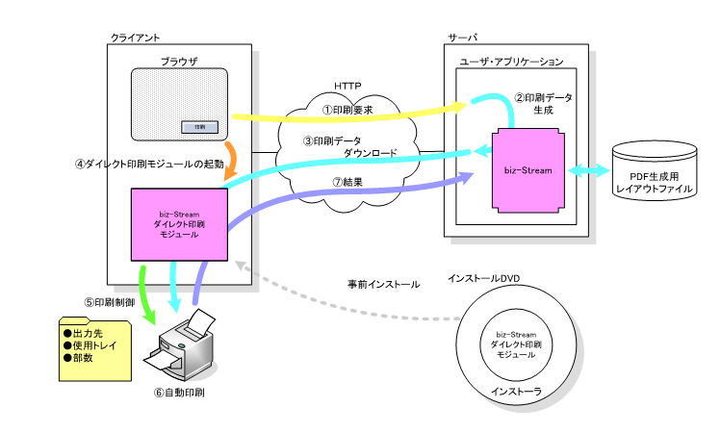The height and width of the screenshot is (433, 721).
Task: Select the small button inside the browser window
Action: (199, 127)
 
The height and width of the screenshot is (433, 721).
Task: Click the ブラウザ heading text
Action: (179, 61)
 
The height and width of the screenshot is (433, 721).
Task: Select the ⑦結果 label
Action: (345, 182)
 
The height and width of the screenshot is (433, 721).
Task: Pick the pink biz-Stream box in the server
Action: (528, 170)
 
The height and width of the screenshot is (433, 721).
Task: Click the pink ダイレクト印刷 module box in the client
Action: (179, 224)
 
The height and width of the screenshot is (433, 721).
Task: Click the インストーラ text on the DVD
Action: (516, 392)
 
